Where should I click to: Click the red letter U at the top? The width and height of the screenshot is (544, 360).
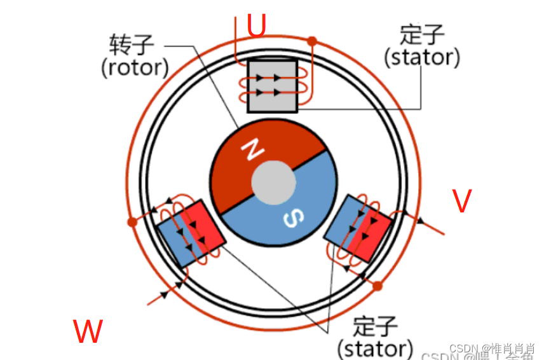tap(256, 25)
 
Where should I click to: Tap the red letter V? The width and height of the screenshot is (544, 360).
tap(462, 201)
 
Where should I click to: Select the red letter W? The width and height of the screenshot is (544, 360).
tap(88, 331)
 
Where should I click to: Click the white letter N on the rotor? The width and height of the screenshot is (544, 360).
tap(253, 150)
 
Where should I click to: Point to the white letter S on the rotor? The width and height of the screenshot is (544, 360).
tap(291, 218)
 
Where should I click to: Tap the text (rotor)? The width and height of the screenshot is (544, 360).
tap(135, 67)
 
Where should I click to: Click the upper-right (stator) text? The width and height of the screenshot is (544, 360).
tap(422, 57)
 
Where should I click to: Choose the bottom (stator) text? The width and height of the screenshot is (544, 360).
tap(375, 349)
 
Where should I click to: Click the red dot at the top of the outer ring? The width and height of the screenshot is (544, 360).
tap(311, 41)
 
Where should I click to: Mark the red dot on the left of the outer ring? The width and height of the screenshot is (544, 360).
tap(132, 222)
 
